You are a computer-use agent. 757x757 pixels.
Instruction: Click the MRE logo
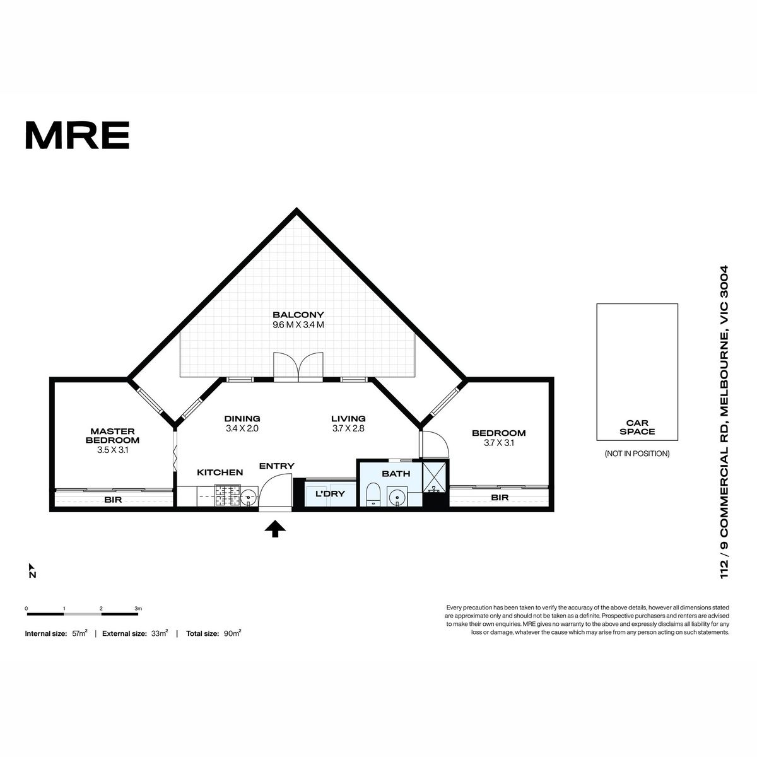(x=78, y=135)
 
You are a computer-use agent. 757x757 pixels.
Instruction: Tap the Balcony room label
(x=298, y=315)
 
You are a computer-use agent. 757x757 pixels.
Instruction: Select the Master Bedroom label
(x=112, y=436)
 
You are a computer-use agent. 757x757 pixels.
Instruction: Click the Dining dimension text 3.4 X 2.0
(x=242, y=428)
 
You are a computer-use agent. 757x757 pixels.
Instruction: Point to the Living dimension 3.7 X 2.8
(x=348, y=428)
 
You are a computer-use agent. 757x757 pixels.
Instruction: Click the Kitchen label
(x=220, y=472)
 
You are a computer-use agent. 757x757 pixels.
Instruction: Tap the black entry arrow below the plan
(x=275, y=529)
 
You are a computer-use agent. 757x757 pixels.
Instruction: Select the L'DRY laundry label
(x=331, y=494)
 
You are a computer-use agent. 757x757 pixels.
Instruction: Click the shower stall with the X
(x=435, y=478)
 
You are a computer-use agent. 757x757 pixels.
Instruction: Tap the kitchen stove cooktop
(x=228, y=496)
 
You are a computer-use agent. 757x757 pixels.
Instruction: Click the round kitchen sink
(x=249, y=497)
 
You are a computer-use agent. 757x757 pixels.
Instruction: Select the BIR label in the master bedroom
(x=113, y=500)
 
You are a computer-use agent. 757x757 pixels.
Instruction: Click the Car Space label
(x=637, y=428)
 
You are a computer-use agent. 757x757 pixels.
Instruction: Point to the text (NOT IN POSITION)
(x=637, y=454)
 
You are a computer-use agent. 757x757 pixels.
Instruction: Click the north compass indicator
(x=32, y=571)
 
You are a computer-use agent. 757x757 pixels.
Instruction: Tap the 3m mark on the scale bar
(x=138, y=609)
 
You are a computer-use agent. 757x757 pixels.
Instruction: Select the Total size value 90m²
(x=232, y=633)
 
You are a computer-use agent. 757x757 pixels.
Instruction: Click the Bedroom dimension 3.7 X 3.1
(x=498, y=443)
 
